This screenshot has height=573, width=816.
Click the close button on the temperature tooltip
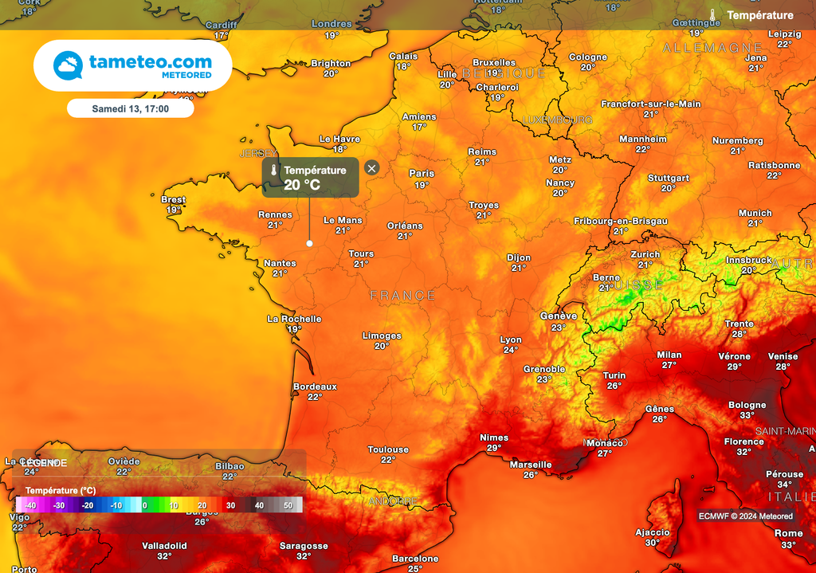point(371,167)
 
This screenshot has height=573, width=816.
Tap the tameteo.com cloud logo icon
point(68,65)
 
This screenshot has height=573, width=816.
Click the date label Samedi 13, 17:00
point(130,108)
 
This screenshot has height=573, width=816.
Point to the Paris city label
point(422,173)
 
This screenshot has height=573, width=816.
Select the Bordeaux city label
point(315,387)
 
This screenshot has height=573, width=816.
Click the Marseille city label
point(531,465)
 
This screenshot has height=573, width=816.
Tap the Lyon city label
point(511,340)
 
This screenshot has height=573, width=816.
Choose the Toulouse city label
point(388,449)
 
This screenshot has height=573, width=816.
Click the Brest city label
point(173,200)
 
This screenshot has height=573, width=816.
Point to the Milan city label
point(669,355)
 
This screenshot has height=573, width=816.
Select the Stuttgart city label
point(668,178)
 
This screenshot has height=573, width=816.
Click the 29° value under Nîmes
point(494,448)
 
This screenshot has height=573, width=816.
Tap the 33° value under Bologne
point(747,415)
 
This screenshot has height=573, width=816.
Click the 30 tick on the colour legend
point(230,505)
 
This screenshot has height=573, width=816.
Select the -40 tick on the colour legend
point(30,505)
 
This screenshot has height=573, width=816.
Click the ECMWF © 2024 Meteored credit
point(746,516)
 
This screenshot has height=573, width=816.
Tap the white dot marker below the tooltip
point(309,243)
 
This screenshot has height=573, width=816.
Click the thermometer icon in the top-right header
point(713,15)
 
